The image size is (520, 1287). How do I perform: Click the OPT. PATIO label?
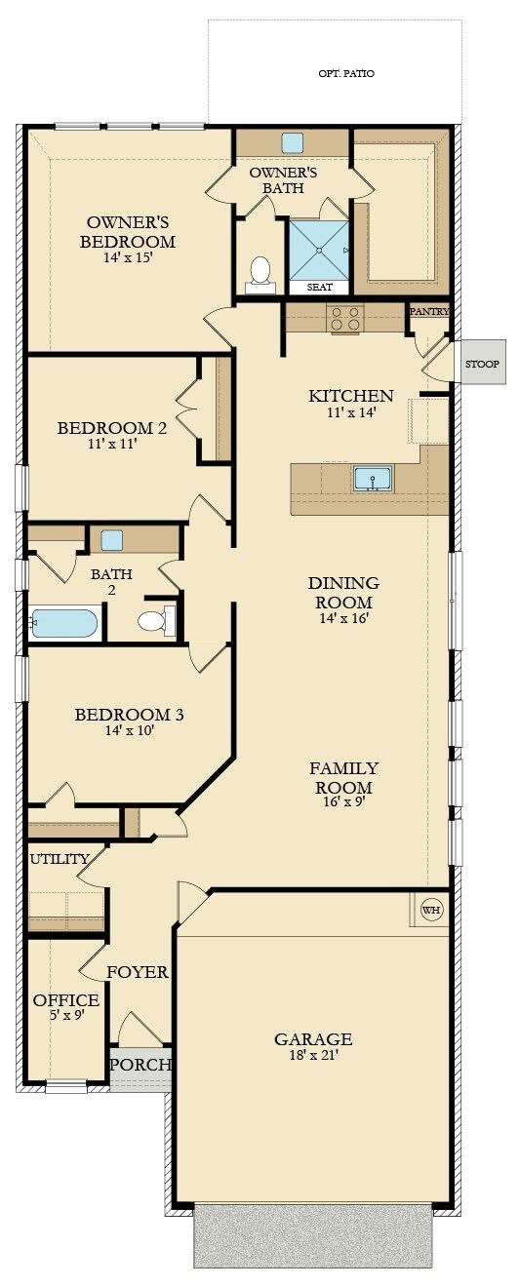(x=346, y=73)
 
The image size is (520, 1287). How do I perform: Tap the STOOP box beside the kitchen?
(x=482, y=364)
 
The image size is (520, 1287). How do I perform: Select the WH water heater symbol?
(x=430, y=910)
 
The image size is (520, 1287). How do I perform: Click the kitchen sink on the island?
(x=372, y=479)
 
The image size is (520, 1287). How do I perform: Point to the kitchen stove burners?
(x=345, y=318)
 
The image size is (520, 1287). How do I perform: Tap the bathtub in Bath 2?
(x=64, y=623)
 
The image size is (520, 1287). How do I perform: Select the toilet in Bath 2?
(x=154, y=621)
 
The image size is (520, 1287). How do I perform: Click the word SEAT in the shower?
(x=319, y=288)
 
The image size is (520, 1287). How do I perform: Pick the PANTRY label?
(x=429, y=311)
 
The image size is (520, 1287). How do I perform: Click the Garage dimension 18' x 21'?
(x=312, y=1055)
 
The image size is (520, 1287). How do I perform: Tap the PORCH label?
(x=140, y=1064)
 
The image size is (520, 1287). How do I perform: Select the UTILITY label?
(x=60, y=859)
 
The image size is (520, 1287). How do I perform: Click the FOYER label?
(x=137, y=972)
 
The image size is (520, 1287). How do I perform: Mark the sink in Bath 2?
(x=111, y=540)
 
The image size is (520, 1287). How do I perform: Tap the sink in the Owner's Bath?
(x=292, y=142)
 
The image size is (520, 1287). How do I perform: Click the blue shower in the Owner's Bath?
(x=318, y=249)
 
